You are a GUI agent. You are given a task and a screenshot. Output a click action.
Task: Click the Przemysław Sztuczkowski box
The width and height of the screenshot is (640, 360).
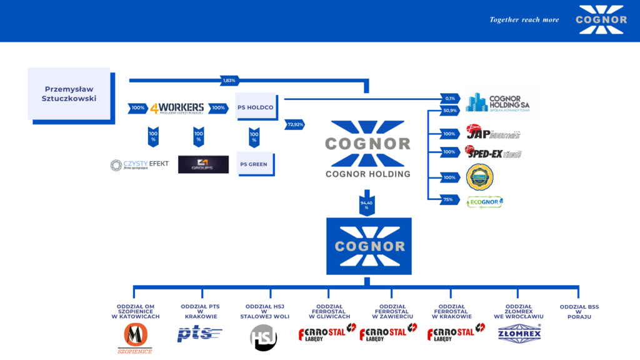tap(70, 94)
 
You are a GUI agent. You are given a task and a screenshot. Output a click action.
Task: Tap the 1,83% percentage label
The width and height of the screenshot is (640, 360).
tap(229, 81)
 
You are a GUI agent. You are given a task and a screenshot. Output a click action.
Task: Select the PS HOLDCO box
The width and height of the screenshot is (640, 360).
tap(256, 107)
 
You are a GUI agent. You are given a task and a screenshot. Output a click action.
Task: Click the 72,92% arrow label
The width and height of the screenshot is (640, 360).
tap(295, 124)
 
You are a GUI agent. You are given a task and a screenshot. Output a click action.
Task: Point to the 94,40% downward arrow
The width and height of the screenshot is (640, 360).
tap(367, 204)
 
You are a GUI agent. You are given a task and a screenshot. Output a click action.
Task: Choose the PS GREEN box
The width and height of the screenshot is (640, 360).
tap(255, 164)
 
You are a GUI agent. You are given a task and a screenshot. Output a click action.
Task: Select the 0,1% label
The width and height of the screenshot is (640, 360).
tap(449, 98)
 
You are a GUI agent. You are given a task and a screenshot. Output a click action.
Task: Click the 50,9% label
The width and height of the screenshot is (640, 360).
tap(449, 111)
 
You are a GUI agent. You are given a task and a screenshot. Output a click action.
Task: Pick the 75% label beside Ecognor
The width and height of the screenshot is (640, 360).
tap(447, 201)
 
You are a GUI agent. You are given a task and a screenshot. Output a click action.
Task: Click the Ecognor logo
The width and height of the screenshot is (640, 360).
tap(485, 202)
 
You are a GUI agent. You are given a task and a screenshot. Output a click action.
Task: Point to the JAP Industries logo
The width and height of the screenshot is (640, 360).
tap(492, 133)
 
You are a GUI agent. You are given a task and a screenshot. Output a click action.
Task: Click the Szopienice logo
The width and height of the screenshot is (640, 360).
tap(135, 338)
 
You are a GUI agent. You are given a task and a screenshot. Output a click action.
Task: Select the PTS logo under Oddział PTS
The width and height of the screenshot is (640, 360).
tap(199, 334)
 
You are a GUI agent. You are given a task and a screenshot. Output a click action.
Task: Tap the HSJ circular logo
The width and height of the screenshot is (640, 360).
tap(264, 337)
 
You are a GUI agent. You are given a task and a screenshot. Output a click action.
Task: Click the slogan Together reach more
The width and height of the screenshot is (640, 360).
tap(524, 20)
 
